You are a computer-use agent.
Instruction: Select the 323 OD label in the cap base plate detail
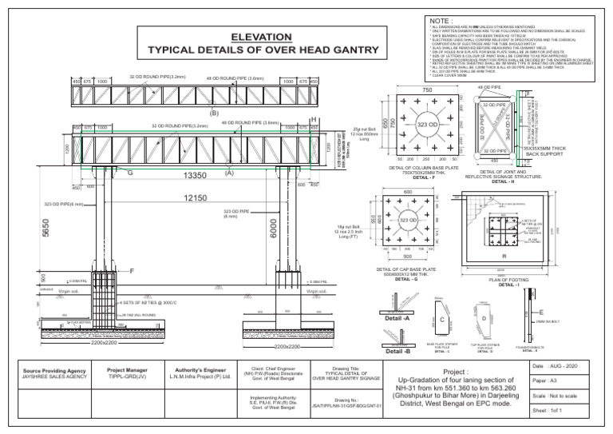pyautogui.click(x=408, y=220)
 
